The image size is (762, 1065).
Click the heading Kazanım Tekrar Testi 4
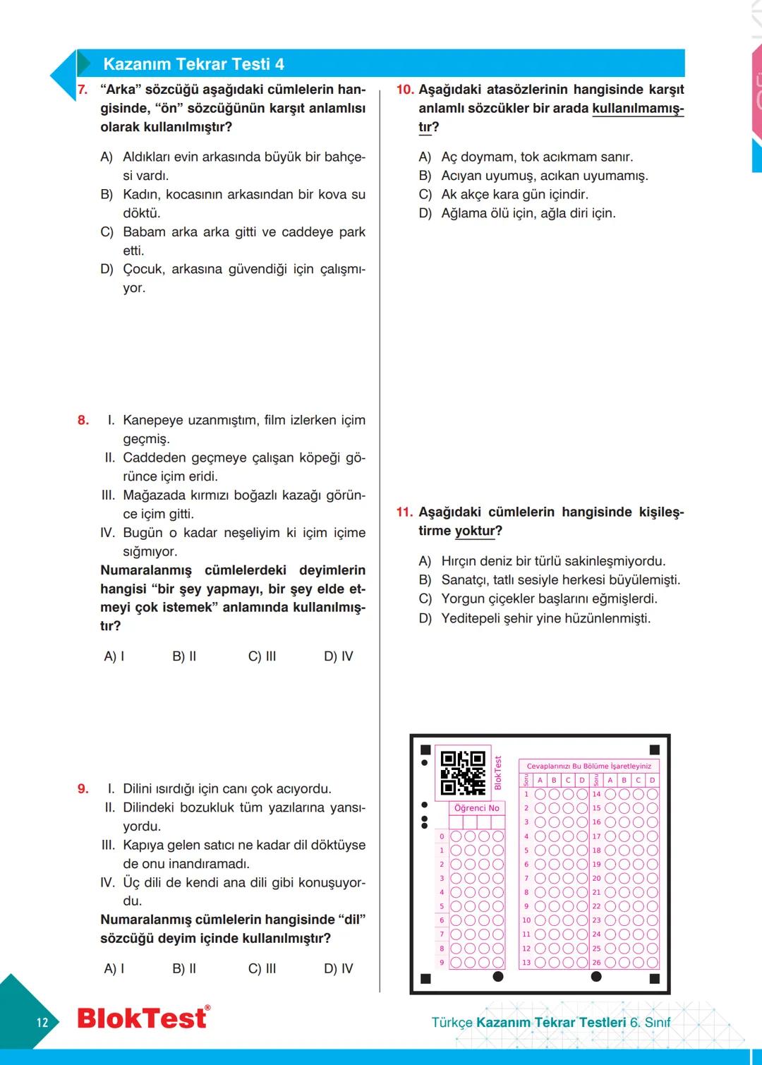click(193, 64)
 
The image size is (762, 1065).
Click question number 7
click(83, 90)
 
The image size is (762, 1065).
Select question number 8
click(83, 421)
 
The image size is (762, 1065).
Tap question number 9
click(83, 789)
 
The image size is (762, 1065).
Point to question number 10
click(404, 90)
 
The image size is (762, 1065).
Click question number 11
click(404, 512)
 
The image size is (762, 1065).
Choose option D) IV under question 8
click(339, 656)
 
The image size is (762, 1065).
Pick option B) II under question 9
click(184, 969)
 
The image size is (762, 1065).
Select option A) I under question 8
click(114, 656)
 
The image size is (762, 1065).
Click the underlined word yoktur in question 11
click(475, 531)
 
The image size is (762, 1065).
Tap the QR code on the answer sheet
click(463, 773)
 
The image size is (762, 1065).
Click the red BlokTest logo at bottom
click(143, 1018)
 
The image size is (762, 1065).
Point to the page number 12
click(42, 1022)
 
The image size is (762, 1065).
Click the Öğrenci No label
click(477, 808)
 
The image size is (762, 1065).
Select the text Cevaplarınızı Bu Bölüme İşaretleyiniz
click(589, 766)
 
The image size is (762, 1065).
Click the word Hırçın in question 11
click(463, 562)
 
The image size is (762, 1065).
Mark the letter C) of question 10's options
click(425, 195)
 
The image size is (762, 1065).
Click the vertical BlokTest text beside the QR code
click(497, 773)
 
